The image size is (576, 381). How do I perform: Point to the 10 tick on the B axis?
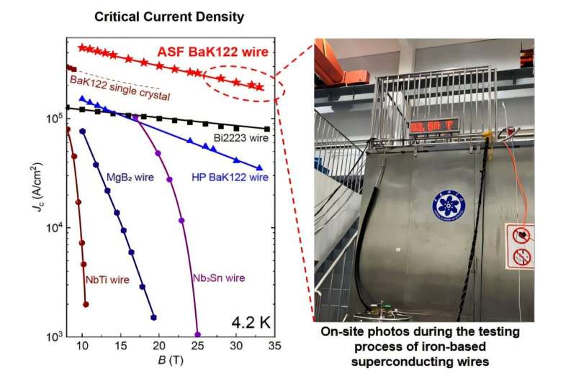pos(83,346)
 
